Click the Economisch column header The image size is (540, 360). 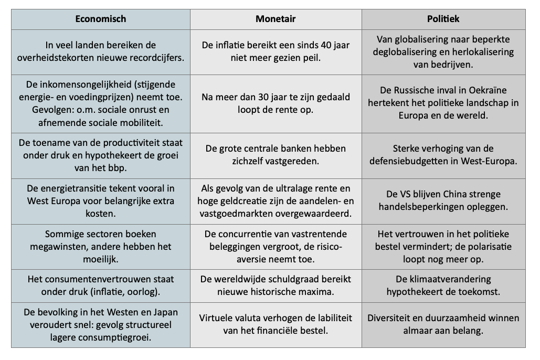100,19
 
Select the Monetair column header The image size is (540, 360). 276,19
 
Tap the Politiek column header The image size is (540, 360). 443,19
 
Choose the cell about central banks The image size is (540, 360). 276,155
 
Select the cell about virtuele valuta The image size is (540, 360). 276,324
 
